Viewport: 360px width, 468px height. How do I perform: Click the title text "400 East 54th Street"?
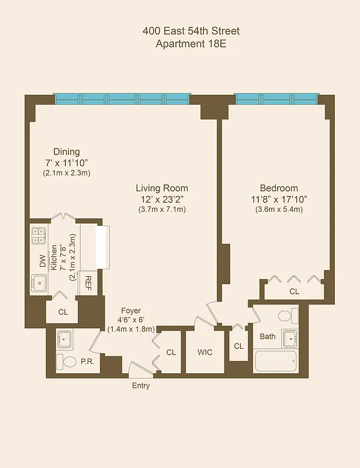pos(191,31)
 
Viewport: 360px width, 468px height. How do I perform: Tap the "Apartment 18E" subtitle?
pos(191,44)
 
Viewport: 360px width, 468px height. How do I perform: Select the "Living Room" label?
pos(162,188)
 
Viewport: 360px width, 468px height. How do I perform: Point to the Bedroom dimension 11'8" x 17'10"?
pos(279,199)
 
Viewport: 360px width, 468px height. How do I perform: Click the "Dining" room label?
pos(66,152)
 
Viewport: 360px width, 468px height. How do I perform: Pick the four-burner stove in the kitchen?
pos(39,235)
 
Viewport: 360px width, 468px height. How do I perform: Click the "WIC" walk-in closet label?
pos(205,352)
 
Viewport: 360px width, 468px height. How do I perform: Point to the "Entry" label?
pos(141,386)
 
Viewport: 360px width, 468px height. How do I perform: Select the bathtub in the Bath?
pos(276,361)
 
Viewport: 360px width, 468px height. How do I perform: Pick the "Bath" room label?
pos(268,336)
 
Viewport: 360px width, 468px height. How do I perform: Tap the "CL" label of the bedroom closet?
pos(295,291)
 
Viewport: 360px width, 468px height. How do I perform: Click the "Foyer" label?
pos(131,311)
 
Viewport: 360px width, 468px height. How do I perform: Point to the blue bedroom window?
pos(277,98)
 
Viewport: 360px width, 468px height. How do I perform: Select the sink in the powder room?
pos(65,339)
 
